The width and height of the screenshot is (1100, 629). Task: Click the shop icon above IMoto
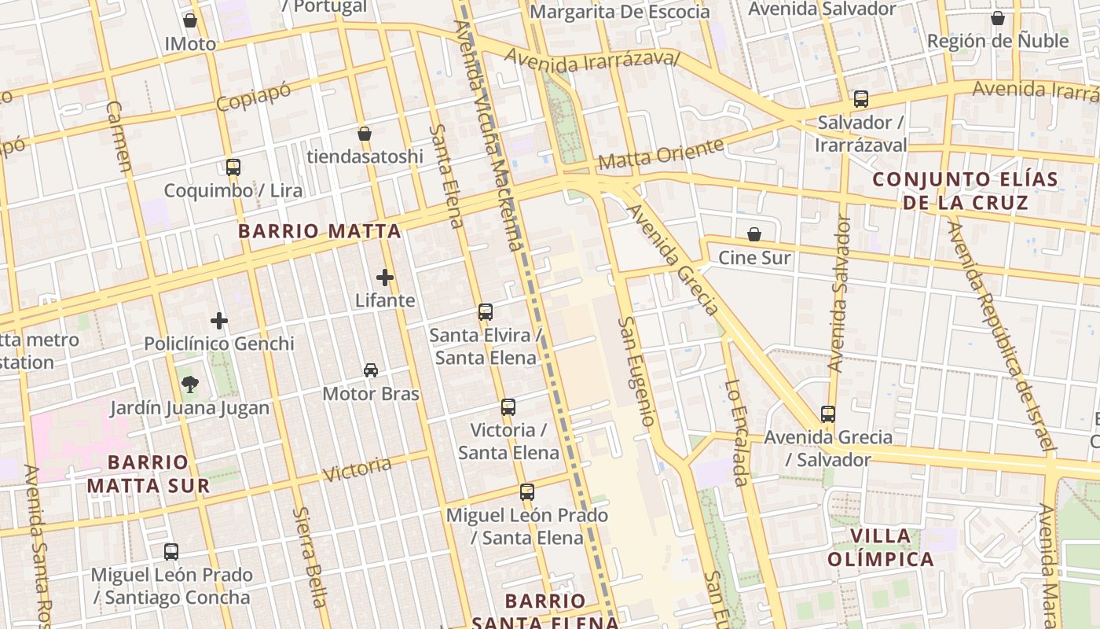pos(189,20)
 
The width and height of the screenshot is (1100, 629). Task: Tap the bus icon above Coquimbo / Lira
pos(233,167)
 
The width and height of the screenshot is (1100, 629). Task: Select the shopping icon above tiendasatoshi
pos(365,134)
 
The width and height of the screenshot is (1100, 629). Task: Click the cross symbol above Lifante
pos(385,277)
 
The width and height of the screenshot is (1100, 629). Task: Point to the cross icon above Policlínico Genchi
pos(219,320)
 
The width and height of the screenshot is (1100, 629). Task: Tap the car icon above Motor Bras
pos(371,370)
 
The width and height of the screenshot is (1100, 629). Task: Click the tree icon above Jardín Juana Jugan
pos(189,384)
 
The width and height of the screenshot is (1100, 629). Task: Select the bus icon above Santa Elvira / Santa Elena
pos(486,311)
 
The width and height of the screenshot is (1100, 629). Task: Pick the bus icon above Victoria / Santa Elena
pos(508,407)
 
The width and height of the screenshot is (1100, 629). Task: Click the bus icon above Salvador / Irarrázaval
pos(861,99)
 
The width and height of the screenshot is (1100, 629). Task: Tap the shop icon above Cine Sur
pos(754,234)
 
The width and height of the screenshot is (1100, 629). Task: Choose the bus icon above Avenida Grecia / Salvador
pos(827,414)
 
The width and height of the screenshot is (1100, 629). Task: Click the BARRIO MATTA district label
pos(320,231)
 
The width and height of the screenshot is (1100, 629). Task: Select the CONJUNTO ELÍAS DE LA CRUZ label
pos(966,191)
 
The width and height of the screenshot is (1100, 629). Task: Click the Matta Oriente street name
pos(661,154)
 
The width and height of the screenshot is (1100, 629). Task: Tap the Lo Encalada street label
pos(735,432)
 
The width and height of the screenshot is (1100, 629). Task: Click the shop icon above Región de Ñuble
pos(998,18)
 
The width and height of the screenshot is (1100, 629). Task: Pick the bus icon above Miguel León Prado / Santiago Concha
pos(171,552)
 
